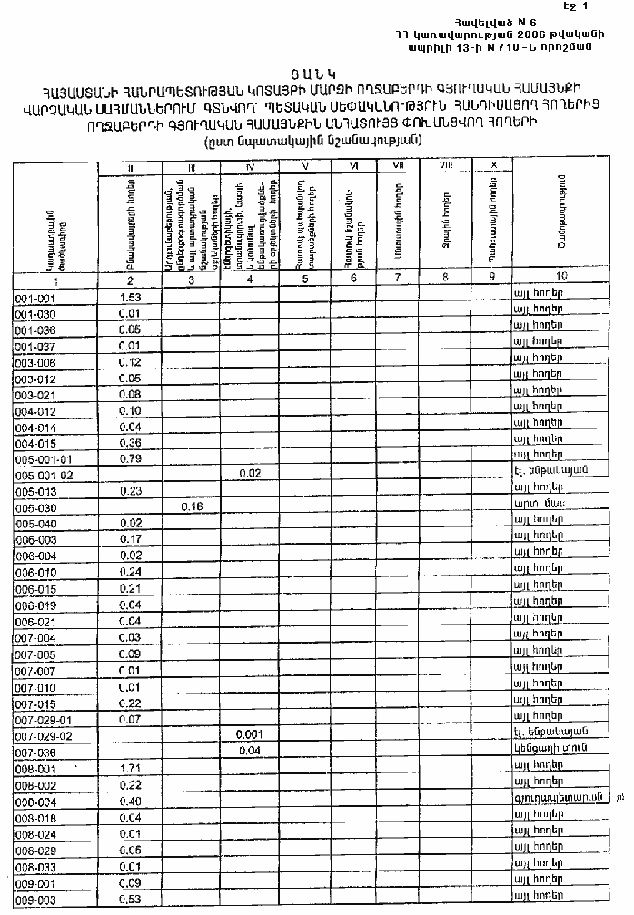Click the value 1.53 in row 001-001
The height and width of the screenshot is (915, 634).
130,298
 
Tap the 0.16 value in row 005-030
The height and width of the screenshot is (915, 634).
191,506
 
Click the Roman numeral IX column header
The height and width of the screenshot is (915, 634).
491,165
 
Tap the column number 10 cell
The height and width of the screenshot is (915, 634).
560,279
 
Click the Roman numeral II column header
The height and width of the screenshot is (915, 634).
130,166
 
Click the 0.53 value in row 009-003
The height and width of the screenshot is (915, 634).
130,899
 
